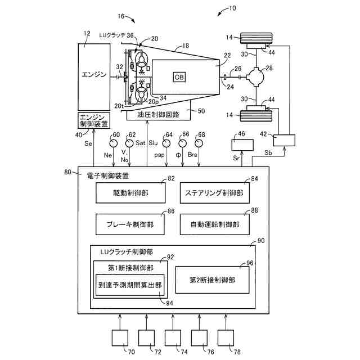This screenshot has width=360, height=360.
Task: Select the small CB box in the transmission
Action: point(179,76)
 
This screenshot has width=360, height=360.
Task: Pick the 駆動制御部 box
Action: point(130,192)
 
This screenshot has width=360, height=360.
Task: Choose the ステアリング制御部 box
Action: point(214,192)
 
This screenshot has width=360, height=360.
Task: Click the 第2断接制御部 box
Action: point(212,280)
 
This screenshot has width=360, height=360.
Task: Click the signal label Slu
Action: point(152,145)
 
